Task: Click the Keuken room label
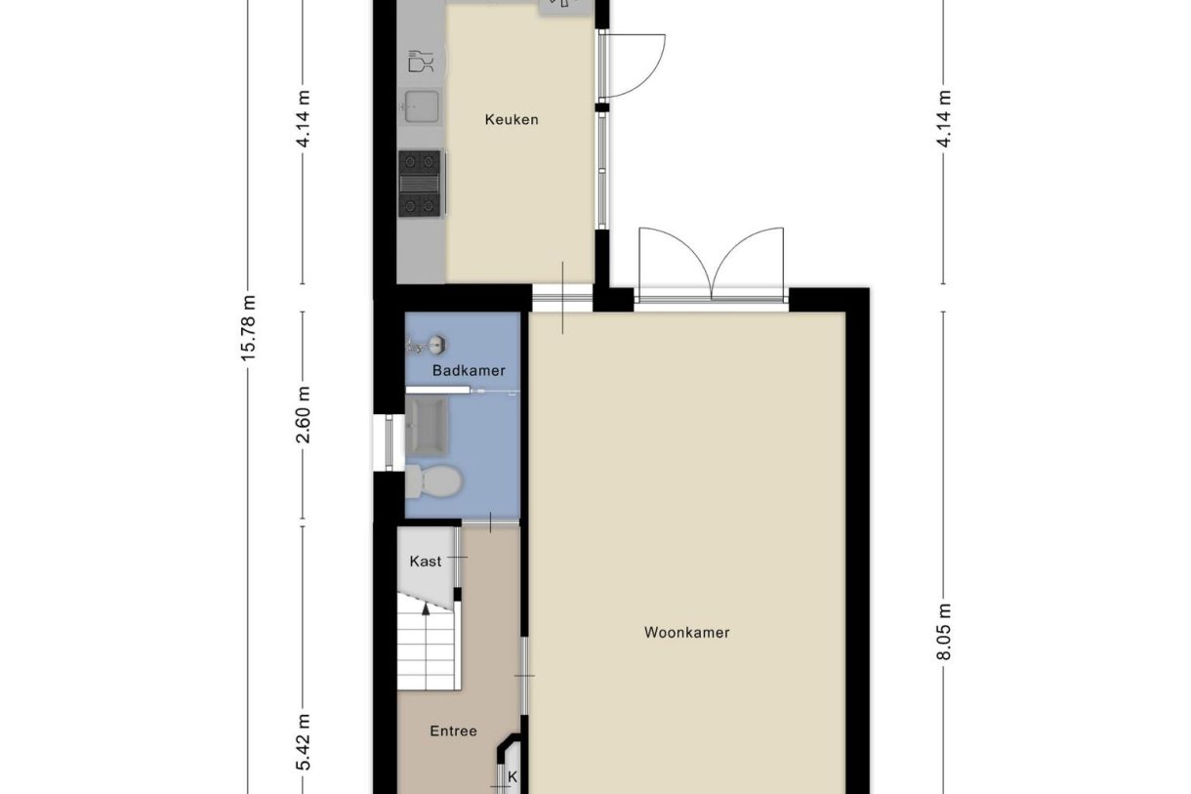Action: [512, 120]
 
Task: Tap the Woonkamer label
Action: [686, 632]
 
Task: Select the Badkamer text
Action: [469, 371]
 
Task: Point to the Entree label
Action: [453, 731]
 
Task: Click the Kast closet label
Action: [425, 562]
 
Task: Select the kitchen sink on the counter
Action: [422, 104]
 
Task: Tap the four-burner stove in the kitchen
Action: [421, 183]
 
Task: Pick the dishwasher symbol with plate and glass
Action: [422, 61]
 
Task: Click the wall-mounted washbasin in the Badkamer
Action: [429, 344]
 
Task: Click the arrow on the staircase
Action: [426, 608]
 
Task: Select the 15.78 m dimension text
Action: [249, 329]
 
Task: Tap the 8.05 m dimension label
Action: [943, 632]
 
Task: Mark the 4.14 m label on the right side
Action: [943, 118]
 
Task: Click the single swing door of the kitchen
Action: [633, 65]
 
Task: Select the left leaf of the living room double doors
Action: [674, 262]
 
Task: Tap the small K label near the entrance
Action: [511, 777]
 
